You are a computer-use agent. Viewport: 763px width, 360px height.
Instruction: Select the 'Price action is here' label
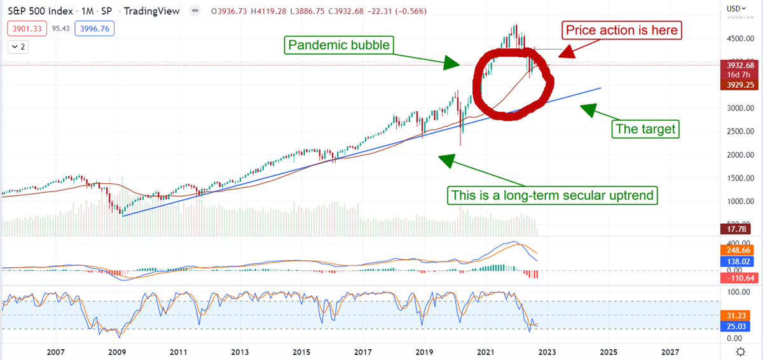[x=622, y=31]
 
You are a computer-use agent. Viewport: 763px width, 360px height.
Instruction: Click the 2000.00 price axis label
[x=741, y=155]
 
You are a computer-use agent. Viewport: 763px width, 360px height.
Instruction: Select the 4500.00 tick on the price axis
[x=741, y=39]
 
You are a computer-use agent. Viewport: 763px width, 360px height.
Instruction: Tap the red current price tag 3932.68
[x=741, y=65]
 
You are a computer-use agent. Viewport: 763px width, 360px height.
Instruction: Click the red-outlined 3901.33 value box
[x=25, y=28]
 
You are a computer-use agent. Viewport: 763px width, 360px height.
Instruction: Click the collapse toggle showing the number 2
[x=19, y=46]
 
